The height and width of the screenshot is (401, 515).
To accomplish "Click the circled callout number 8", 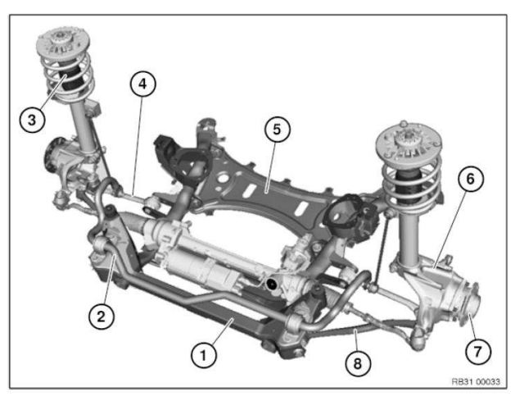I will click(x=354, y=361).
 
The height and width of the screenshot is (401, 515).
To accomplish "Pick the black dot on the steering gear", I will click(x=269, y=284).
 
